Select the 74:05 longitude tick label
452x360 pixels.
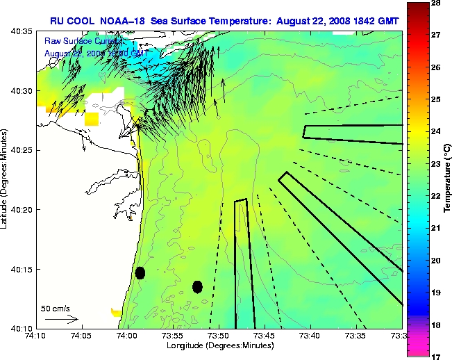pyautogui.click(x=81, y=336)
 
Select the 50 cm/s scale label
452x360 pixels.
pyautogui.click(x=56, y=308)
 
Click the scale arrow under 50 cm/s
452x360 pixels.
pyautogui.click(x=60, y=319)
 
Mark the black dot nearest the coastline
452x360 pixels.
pyautogui.click(x=140, y=272)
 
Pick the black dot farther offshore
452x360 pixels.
pyautogui.click(x=197, y=286)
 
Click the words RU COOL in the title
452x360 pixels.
pyautogui.click(x=69, y=21)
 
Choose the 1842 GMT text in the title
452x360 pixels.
pyautogui.click(x=378, y=21)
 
